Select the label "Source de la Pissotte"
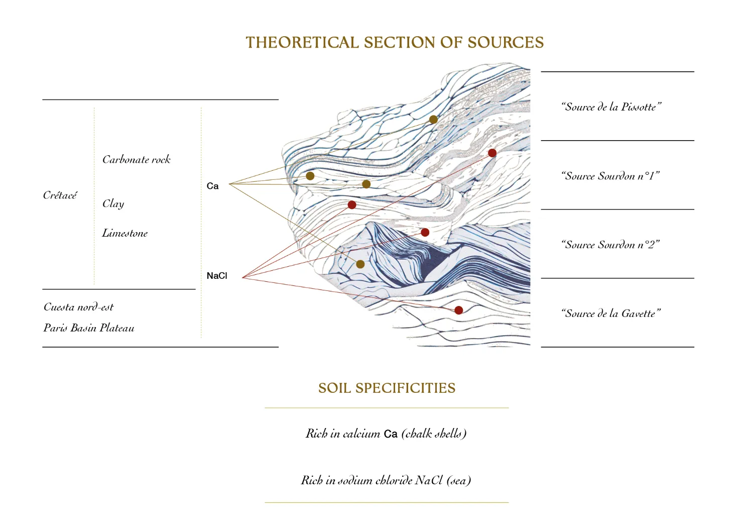pyautogui.click(x=611, y=107)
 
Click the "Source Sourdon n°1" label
pyautogui.click(x=610, y=176)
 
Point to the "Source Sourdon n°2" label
pyautogui.click(x=610, y=245)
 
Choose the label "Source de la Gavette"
pyautogui.click(x=610, y=313)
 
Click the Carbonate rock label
pyautogui.click(x=137, y=160)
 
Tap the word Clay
pyautogui.click(x=113, y=203)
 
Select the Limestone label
pyautogui.click(x=125, y=233)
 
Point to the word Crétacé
pyautogui.click(x=60, y=195)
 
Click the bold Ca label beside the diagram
pyautogui.click(x=212, y=186)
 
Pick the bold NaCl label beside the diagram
pyautogui.click(x=217, y=276)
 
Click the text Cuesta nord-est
pyautogui.click(x=78, y=307)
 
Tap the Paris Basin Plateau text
pyautogui.click(x=89, y=328)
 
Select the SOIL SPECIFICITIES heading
pyautogui.click(x=387, y=388)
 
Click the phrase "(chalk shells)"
pyautogui.click(x=434, y=434)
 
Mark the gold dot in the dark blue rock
pyautogui.click(x=360, y=264)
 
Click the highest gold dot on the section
pyautogui.click(x=433, y=120)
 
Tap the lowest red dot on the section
pyautogui.click(x=458, y=310)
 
